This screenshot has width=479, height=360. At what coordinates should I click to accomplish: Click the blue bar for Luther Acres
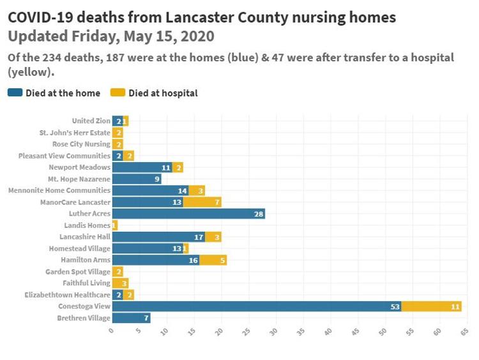tap(188, 214)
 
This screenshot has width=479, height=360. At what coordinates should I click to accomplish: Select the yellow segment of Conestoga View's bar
tap(431, 306)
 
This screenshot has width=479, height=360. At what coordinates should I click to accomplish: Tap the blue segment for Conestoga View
tap(256, 306)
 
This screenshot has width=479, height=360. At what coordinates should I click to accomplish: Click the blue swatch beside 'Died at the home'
tap(15, 93)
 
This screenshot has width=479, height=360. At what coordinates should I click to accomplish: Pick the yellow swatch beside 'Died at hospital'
tap(118, 93)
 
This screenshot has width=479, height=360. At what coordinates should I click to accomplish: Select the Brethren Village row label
tap(84, 318)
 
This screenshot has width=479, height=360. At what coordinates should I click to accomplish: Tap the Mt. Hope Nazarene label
tap(79, 179)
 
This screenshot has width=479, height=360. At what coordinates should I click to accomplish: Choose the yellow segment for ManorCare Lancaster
tap(202, 202)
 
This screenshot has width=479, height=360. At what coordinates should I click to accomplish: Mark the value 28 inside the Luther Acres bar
tap(259, 214)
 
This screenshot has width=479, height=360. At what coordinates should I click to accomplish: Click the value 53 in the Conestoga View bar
tap(395, 306)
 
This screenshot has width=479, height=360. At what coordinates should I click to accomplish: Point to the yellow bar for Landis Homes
tap(115, 225)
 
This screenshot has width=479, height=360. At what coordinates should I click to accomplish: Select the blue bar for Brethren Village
tap(131, 318)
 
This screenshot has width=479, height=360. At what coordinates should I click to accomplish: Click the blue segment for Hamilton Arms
tap(155, 260)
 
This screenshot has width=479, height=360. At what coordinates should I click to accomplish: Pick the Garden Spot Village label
tap(78, 271)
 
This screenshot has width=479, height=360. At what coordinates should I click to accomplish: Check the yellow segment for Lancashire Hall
tap(213, 237)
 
